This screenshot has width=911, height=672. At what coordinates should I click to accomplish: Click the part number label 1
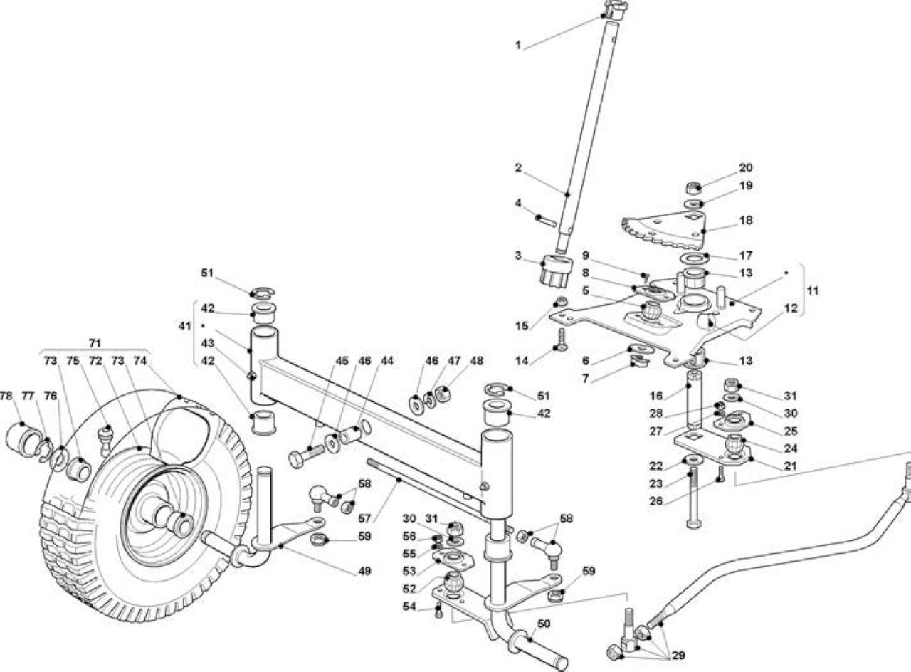coord(517,45)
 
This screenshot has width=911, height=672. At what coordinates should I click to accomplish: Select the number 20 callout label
coord(745,167)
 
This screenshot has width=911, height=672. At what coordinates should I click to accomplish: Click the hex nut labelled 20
coord(692,187)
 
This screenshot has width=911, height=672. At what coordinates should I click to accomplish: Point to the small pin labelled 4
coord(545,221)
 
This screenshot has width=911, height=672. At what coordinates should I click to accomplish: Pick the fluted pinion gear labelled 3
coord(557,270)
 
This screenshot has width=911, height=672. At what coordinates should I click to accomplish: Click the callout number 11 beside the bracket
coord(813,291)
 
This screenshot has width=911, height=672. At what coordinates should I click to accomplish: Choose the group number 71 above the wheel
coord(95,343)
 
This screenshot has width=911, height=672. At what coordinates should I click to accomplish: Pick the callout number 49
coord(364,571)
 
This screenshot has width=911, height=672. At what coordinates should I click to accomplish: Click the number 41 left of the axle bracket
coord(184,326)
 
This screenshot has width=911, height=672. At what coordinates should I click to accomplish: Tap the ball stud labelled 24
coord(735,446)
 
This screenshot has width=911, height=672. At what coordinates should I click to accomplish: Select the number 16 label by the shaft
coord(656,395)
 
